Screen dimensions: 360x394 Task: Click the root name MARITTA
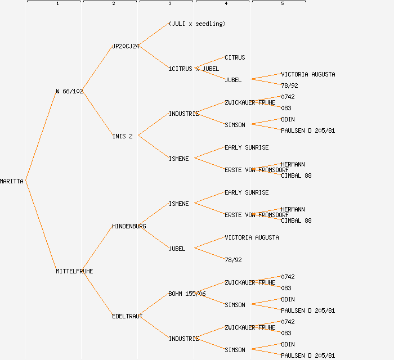[12, 181]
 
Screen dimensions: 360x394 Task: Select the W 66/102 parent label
[69, 91]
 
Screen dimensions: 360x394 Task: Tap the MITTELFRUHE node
[74, 271]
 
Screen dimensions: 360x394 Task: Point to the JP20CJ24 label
[126, 46]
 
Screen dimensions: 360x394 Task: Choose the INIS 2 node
[123, 136]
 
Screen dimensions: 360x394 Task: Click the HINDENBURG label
[129, 226]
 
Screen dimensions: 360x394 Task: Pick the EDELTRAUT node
[127, 316]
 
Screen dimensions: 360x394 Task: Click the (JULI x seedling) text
[197, 24]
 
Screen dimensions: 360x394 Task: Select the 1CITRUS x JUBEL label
[194, 69]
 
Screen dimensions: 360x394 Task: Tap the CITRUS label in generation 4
[235, 57]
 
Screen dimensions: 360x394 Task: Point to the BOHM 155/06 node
[187, 294]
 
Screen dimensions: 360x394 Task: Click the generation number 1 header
[57, 4]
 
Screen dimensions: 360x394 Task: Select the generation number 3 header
[169, 4]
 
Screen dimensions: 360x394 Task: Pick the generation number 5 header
[282, 4]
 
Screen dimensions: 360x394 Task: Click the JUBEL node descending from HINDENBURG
[177, 249]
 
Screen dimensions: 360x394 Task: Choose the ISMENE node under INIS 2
[178, 159]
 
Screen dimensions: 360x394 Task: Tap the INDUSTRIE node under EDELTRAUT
[183, 339]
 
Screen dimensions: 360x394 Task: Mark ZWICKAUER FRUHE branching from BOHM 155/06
[250, 282]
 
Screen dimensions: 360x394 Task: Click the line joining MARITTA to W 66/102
[41, 136]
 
